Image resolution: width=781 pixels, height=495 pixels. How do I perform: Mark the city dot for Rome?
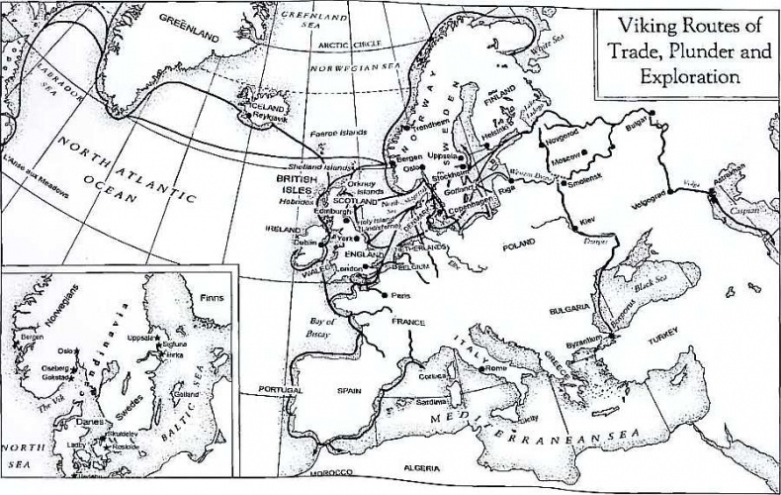481,369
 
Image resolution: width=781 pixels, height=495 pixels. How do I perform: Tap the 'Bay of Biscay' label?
323,328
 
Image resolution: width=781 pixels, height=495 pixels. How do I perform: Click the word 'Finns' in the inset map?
213,297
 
